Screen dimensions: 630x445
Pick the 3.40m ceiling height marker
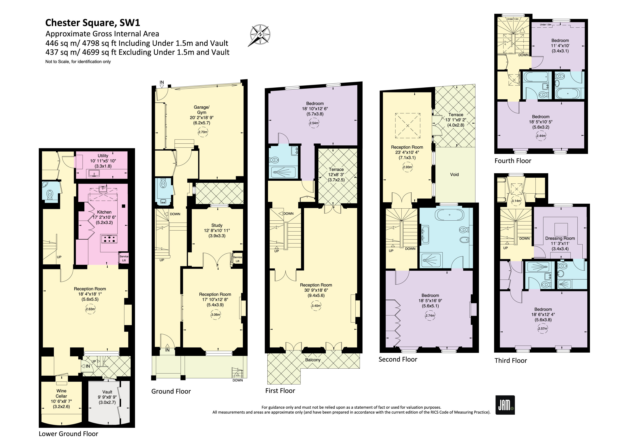point(316,306)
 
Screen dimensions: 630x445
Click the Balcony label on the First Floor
point(313,360)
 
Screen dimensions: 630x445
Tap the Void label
point(454,174)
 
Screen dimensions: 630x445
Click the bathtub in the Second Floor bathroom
point(450,215)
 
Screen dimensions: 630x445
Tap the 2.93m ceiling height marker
point(407,167)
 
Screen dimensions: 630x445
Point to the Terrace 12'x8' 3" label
point(336,174)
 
